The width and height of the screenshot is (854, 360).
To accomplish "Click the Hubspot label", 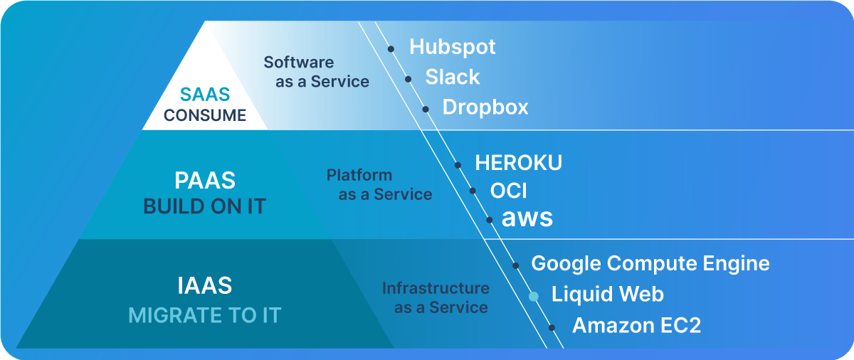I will click(452, 48).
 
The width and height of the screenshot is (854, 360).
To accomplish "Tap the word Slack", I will click(452, 77).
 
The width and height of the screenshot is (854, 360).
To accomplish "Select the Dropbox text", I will click(485, 107).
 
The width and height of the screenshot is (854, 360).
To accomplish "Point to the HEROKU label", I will click(518, 163).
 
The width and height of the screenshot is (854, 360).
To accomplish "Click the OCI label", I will click(509, 191).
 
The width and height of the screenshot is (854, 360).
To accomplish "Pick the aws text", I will click(527, 218).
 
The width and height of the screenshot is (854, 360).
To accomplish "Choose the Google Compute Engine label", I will click(650, 264).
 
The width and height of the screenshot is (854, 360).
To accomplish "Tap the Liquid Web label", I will click(607, 295).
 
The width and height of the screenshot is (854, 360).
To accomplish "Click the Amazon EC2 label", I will click(636, 326).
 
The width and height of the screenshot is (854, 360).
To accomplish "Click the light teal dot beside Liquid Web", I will click(533, 296).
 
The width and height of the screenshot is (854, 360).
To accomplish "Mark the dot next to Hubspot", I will click(391, 49).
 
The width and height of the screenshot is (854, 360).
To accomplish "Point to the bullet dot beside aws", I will click(490, 219).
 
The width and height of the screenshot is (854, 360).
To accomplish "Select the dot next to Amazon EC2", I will click(552, 327).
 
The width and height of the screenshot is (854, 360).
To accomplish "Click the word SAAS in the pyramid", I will click(205, 95).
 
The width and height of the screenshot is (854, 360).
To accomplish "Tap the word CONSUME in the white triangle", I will click(205, 115).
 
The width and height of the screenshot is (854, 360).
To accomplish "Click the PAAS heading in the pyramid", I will click(204, 179).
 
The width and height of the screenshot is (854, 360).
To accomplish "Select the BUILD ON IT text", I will click(204, 206).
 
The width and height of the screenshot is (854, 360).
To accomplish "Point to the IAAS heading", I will click(204, 285).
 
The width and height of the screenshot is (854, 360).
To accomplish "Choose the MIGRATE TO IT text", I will click(204, 314).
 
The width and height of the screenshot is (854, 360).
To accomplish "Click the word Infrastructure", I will click(436, 288).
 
